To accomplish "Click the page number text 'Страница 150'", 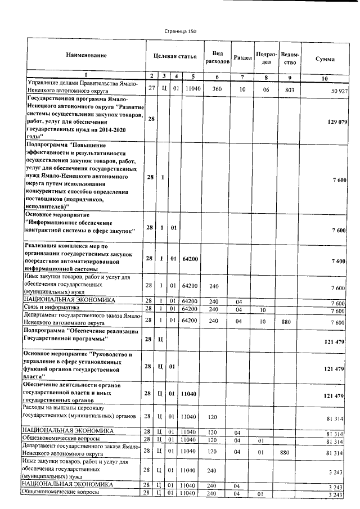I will click(x=180, y=31).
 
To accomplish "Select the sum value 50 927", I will click(x=336, y=91).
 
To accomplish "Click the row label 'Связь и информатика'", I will click(x=51, y=309).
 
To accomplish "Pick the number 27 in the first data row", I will click(x=151, y=89).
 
